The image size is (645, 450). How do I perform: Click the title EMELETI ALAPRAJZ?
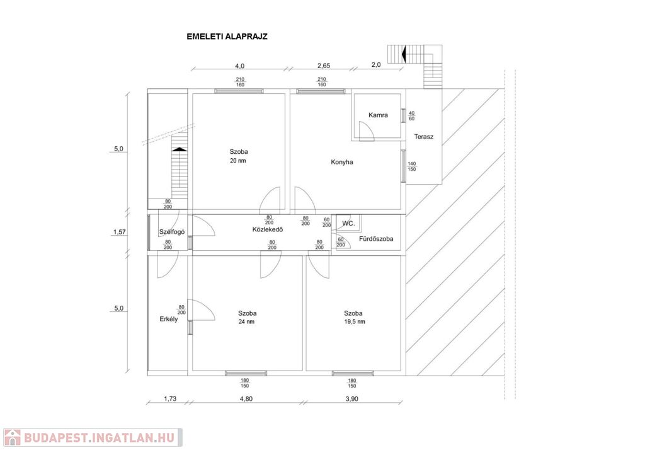[x=227, y=36]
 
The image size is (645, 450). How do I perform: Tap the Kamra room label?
[x=378, y=115]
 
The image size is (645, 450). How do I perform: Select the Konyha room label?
[x=342, y=162]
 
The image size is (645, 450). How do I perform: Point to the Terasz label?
[x=424, y=136]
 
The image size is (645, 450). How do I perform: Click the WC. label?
[x=348, y=224]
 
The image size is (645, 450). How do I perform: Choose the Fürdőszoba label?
[x=376, y=239]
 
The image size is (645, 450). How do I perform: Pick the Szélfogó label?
[x=171, y=231]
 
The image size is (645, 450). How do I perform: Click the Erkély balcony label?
[x=169, y=319]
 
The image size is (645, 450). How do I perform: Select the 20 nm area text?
[x=238, y=161]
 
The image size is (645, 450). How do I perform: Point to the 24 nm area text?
[x=247, y=322]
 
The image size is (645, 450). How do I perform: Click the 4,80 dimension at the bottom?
[x=246, y=398]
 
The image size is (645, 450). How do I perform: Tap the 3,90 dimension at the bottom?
[x=352, y=398]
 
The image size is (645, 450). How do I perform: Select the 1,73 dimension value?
[x=169, y=398]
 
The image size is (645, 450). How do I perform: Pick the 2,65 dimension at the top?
[x=324, y=66]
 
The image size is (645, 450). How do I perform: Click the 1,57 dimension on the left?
[x=119, y=233]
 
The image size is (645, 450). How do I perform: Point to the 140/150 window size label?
[x=412, y=166]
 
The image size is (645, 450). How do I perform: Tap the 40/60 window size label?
[x=412, y=116]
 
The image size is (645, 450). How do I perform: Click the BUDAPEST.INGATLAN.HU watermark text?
[x=100, y=437]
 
